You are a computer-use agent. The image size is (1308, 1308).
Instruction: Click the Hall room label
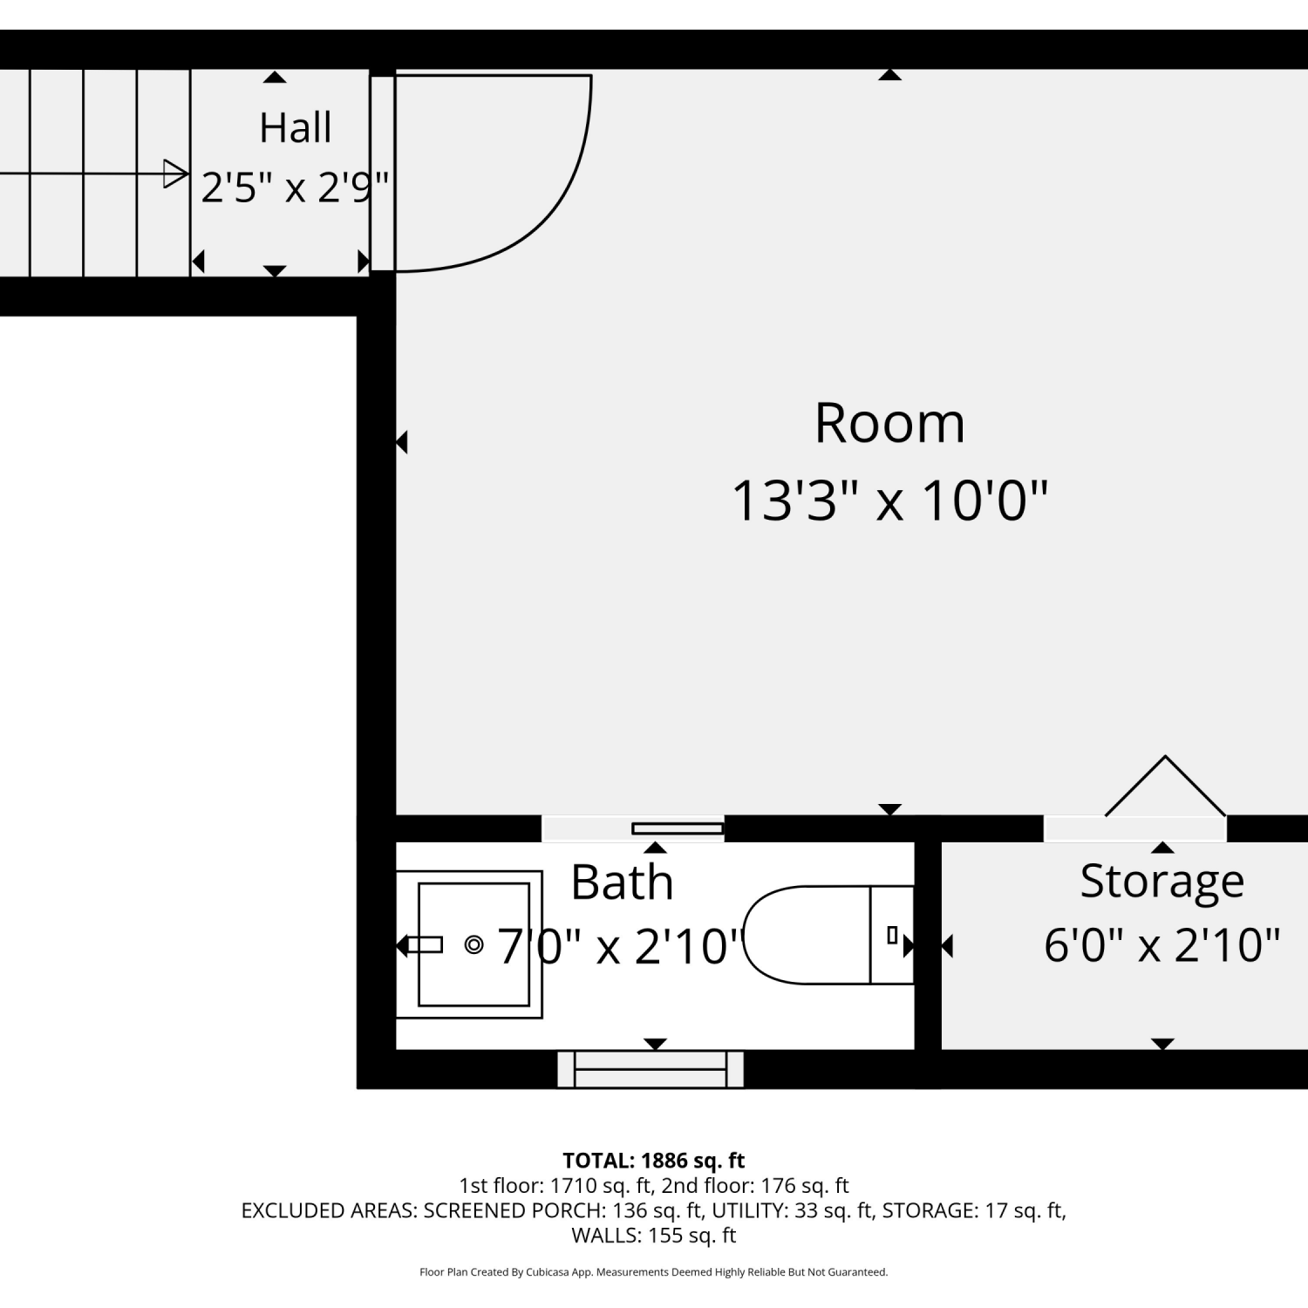coord(296,128)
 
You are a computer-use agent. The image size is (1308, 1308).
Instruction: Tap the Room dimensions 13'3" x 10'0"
coord(889,501)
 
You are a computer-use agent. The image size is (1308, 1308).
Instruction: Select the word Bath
coord(623,882)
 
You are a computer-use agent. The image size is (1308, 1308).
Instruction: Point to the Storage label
coord(1162,882)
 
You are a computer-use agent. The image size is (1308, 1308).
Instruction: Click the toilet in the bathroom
coord(828,935)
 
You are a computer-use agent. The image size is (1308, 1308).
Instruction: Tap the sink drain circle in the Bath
coord(474,944)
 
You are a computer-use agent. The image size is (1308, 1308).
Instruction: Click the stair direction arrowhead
coord(175,174)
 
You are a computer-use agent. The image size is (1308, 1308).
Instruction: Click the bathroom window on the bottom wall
coord(651,1069)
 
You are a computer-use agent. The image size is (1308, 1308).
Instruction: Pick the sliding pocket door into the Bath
coord(678,828)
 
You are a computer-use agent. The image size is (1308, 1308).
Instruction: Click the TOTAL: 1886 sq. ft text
coord(654,1161)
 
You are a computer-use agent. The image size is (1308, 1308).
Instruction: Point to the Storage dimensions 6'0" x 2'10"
coord(1162,944)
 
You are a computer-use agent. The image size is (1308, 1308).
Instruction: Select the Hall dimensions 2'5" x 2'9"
coord(295,187)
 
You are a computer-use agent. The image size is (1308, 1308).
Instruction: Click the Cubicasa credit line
coord(654,1272)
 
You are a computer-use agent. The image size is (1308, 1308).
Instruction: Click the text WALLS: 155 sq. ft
coord(654,1236)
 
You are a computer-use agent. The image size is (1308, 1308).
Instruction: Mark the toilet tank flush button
coord(892,935)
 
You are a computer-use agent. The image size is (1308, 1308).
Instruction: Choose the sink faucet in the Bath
coord(425,944)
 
